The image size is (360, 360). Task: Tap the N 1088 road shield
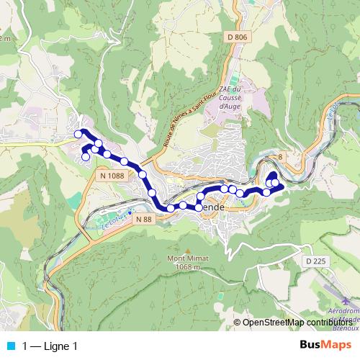coord(112,174)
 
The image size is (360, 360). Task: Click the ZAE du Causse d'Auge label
coord(229,97)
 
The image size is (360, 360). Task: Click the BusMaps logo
coord(325,346)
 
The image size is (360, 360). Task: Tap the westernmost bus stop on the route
coord(78,134)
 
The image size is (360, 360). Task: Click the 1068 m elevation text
coord(186,266)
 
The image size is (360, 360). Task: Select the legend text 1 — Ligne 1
coord(49,346)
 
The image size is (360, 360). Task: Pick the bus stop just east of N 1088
coord(143,175)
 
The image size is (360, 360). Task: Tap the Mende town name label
coord(214,207)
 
